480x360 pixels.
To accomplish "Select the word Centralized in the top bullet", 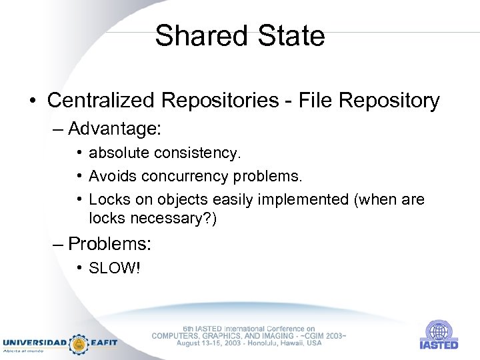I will point(104,101).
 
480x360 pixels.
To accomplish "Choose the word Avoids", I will point(111,177).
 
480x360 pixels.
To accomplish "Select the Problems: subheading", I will point(110,244).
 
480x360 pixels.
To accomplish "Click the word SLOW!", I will point(115,269).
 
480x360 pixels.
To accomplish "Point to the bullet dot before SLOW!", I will point(79,268).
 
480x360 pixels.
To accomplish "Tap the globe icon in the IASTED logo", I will point(438,331).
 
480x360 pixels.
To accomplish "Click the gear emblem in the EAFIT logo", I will point(79,343).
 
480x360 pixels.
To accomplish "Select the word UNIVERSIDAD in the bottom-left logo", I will point(35,343).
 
